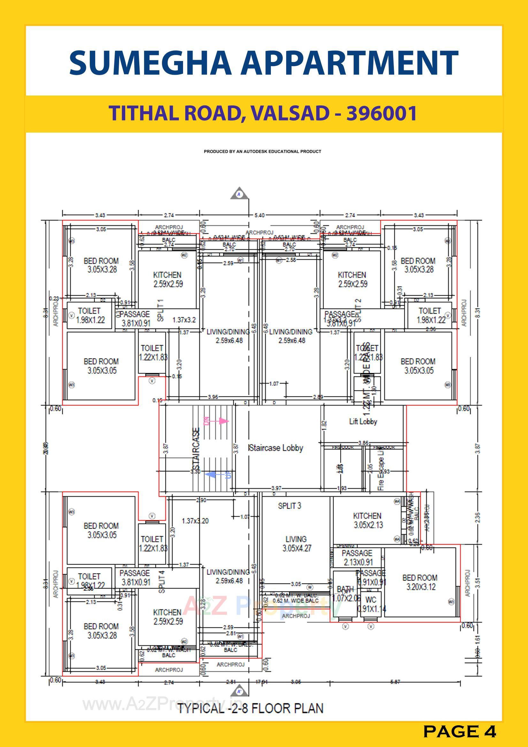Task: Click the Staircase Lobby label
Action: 276,448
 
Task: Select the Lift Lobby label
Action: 363,421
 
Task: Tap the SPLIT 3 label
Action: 289,506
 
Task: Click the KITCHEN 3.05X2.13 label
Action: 367,520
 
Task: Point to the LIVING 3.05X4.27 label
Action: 296,544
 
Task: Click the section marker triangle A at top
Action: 240,194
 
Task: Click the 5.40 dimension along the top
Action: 259,215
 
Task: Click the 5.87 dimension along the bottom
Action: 395,682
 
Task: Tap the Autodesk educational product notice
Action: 263,151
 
